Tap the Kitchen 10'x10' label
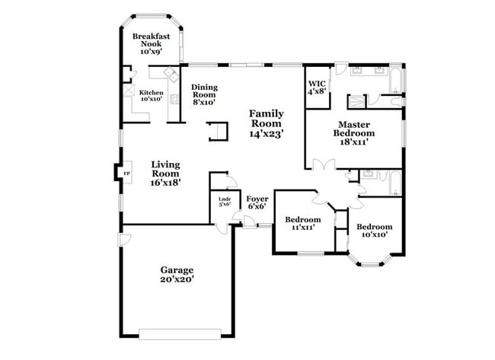(150, 95)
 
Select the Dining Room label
(204, 94)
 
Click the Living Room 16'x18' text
(165, 173)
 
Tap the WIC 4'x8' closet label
(317, 88)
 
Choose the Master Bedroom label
(354, 132)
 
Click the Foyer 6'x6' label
(256, 202)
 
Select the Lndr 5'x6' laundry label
(225, 202)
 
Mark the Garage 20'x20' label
(176, 274)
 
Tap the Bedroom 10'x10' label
(374, 230)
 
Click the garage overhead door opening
(180, 332)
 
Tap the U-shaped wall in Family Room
(218, 131)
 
